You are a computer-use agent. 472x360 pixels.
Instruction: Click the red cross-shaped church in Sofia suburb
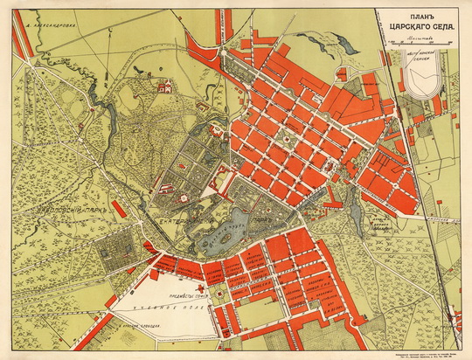[200, 287]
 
